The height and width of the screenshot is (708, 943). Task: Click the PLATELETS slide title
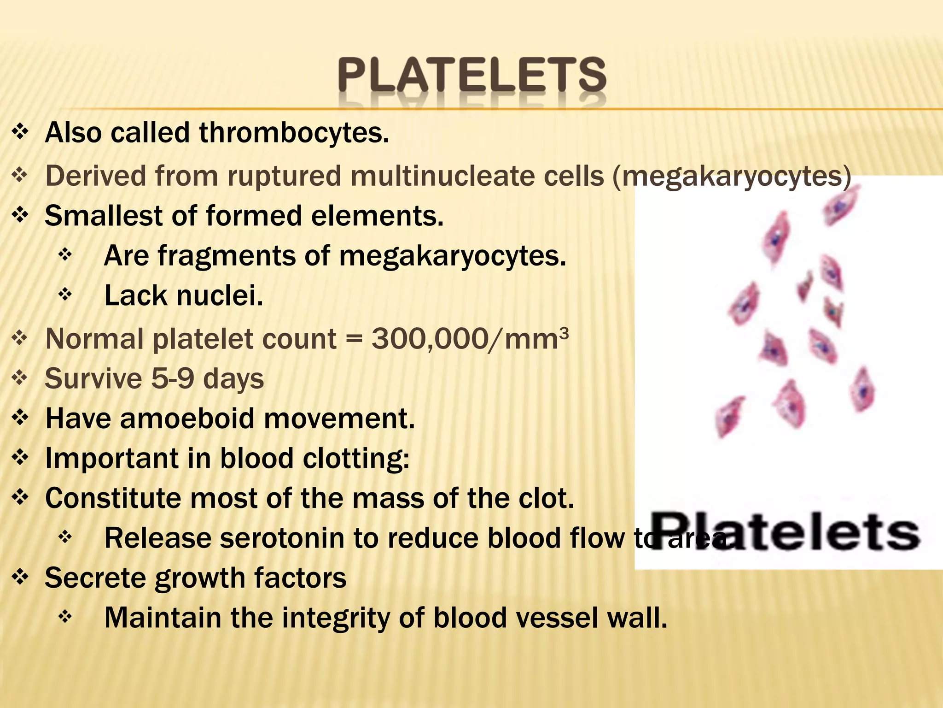click(472, 75)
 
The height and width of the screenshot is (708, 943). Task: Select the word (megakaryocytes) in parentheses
click(732, 176)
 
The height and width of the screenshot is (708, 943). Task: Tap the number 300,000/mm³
click(470, 339)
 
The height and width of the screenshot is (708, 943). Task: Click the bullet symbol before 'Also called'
click(20, 133)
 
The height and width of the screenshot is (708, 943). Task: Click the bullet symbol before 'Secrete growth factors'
click(20, 577)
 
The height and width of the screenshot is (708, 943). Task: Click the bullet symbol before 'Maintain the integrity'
click(65, 616)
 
